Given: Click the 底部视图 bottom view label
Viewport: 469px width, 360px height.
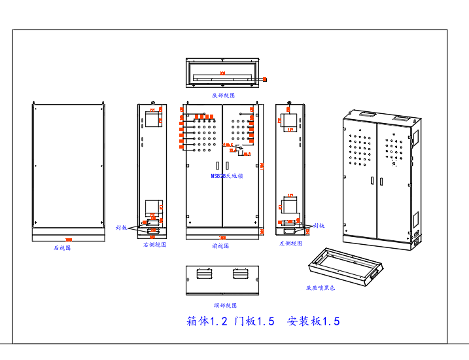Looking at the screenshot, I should [222, 95].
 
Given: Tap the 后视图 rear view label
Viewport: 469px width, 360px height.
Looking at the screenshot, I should [62, 248].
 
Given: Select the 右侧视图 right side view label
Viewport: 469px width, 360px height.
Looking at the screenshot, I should [154, 245].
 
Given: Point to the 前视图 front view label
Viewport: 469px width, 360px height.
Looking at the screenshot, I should [221, 246].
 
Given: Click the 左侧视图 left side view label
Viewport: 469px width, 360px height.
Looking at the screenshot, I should [290, 243].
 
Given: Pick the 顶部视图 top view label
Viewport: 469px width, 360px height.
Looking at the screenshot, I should [224, 305].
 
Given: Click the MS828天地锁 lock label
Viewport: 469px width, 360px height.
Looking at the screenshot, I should [226, 176].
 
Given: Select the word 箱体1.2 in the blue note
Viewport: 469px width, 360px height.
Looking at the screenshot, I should [207, 321].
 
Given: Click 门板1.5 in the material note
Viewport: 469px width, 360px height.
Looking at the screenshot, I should [254, 321].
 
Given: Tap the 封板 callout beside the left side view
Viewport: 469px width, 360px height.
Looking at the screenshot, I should [319, 225].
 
